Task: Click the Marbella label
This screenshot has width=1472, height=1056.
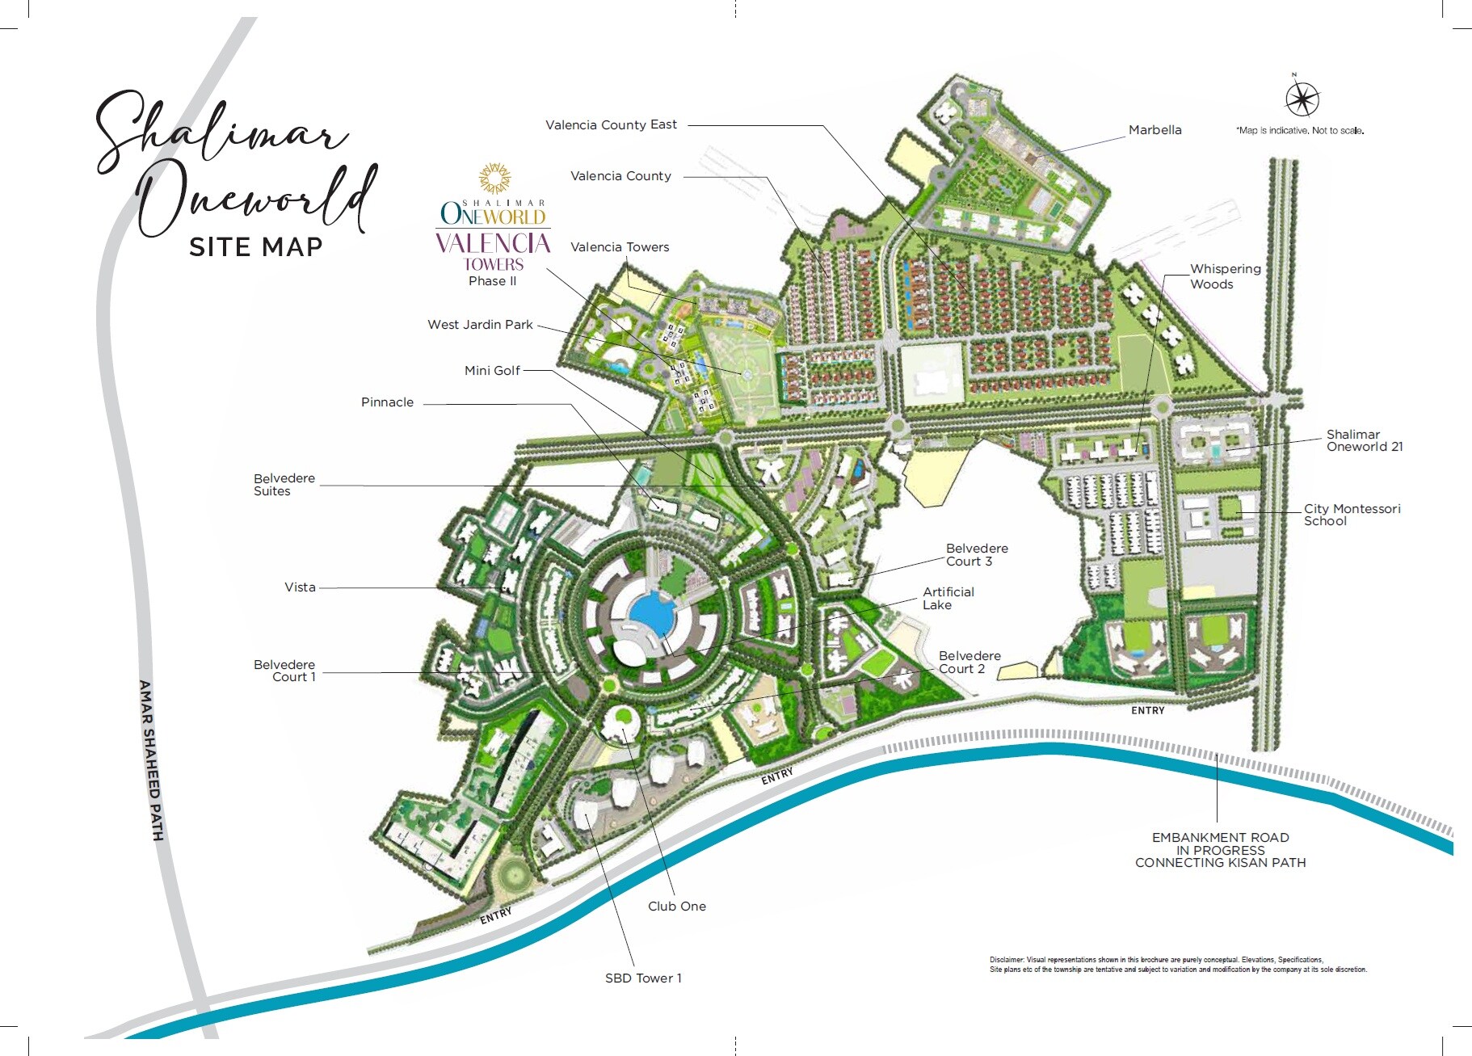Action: (1154, 130)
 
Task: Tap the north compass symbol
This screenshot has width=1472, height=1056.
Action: (1302, 99)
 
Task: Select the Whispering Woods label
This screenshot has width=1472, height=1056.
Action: (1225, 276)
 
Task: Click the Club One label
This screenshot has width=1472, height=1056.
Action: (676, 907)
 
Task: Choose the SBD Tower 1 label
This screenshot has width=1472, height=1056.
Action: (643, 978)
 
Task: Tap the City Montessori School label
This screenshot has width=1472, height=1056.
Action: (1352, 515)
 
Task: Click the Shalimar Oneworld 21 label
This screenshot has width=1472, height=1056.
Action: (1364, 440)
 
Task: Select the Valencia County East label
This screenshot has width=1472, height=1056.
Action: (611, 124)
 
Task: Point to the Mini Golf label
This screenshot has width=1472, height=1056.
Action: (492, 371)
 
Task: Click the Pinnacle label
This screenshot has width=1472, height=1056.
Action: (387, 402)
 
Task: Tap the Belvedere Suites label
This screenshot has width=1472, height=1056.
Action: (284, 485)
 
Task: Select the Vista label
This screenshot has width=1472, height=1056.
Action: (300, 587)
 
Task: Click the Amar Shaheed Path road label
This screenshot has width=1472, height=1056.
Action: (151, 759)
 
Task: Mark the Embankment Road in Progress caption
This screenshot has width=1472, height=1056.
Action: (1220, 850)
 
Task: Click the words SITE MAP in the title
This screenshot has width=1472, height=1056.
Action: (255, 246)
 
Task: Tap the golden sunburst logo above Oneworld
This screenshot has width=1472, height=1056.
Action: (494, 178)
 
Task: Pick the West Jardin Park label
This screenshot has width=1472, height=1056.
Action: (480, 325)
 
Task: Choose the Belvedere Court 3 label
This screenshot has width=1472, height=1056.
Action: (976, 555)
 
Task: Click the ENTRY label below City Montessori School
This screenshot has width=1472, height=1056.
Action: (1147, 711)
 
